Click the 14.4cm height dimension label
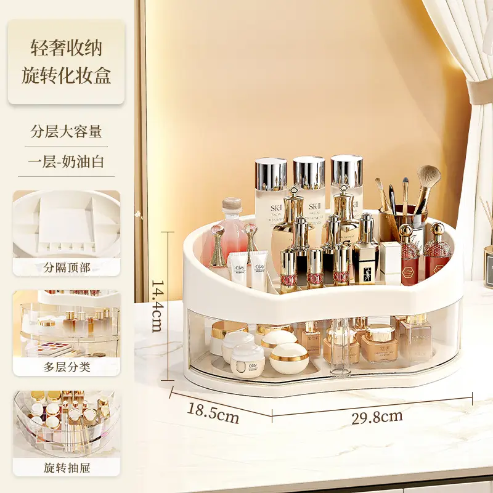157,306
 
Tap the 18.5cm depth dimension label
213,413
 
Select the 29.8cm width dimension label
377,417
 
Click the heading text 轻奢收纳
67,48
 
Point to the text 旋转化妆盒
67,75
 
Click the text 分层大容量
67,131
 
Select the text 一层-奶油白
66,161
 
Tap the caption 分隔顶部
67,267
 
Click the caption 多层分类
67,367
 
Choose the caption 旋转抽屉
67,468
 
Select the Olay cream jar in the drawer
247,361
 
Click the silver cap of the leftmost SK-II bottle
271,174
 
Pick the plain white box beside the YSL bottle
390,263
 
